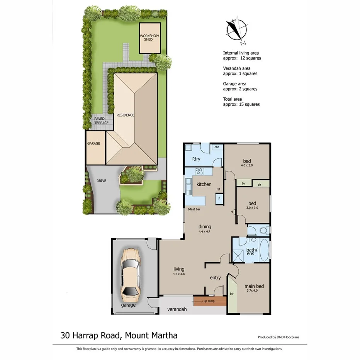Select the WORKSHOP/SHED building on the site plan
click(x=149, y=38)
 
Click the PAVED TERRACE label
click(x=101, y=121)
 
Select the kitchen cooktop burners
click(x=199, y=171)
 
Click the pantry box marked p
click(x=219, y=198)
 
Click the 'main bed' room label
click(x=254, y=286)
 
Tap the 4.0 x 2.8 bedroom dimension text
click(x=246, y=166)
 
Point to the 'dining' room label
click(x=205, y=227)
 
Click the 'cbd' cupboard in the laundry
click(x=217, y=147)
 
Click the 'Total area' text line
click(x=233, y=99)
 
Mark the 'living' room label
click(x=179, y=269)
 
